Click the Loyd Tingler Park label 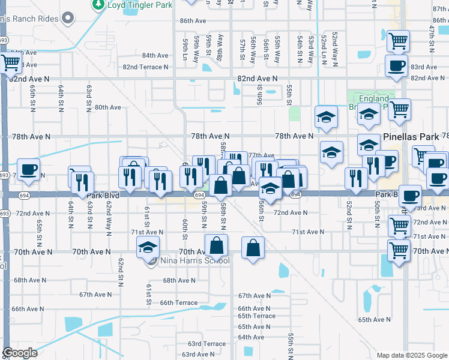140,5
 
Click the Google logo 20,353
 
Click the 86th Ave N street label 193,20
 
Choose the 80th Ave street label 108,107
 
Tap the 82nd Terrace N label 145,67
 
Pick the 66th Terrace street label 178,303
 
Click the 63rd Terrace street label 206,344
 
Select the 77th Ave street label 261,155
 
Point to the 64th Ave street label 251,337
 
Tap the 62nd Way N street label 109,212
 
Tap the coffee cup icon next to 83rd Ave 395,66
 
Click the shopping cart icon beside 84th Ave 10,61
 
